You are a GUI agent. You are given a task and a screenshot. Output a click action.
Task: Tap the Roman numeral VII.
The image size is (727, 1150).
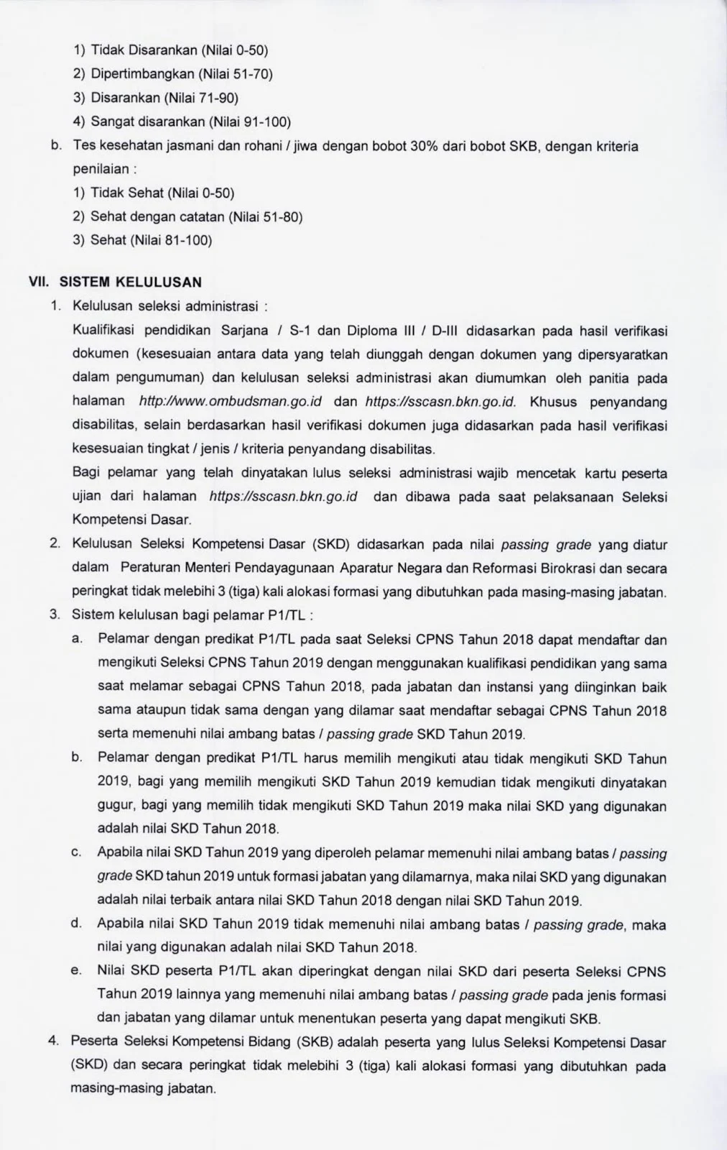coord(37,282)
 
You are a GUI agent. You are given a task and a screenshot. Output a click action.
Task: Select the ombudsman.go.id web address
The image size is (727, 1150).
coord(229,402)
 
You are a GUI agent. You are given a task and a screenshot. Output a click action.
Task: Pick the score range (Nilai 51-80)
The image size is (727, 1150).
coord(265,217)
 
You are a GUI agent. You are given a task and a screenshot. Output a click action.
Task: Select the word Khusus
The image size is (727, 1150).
coord(552,402)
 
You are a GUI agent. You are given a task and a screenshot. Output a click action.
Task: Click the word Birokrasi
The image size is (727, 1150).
coord(560,568)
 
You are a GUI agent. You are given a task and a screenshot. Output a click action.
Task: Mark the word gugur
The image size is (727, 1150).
coord(114,806)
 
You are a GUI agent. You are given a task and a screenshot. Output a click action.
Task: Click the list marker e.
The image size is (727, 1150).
coord(75,972)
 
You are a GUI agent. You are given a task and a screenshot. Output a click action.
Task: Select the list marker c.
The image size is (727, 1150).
coord(75,853)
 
